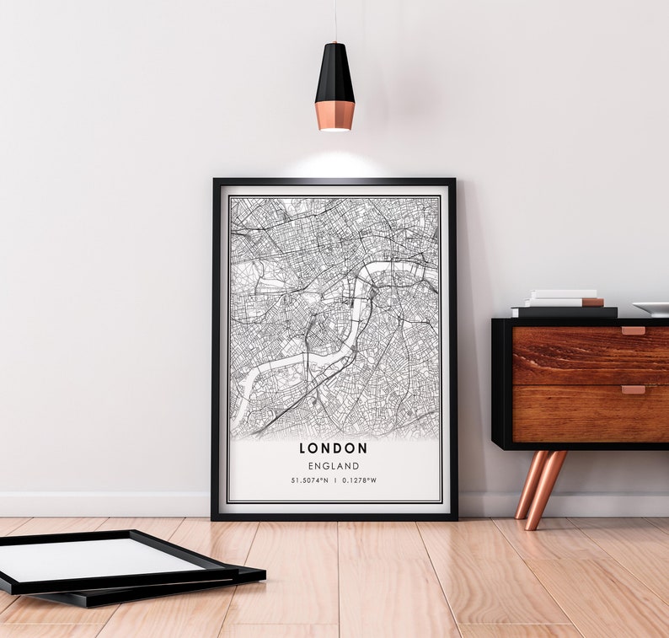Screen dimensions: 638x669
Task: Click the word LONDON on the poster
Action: tap(334, 448)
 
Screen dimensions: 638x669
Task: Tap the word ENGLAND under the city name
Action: tap(334, 466)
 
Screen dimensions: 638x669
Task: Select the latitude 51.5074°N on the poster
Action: tap(308, 481)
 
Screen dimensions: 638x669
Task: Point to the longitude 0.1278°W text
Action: tap(358, 481)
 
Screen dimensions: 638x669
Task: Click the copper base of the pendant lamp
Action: tap(334, 115)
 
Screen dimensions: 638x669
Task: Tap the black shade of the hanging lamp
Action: tap(334, 73)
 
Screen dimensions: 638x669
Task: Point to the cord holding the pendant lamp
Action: tap(334, 20)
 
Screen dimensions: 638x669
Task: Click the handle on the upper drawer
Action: tap(633, 331)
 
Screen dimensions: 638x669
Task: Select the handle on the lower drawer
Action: tap(633, 390)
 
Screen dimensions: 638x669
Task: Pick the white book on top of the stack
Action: tap(562, 294)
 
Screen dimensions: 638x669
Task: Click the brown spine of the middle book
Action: tap(593, 302)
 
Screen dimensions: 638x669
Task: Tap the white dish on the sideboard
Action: tap(652, 308)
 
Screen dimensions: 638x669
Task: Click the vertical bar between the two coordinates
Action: tap(334, 481)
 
